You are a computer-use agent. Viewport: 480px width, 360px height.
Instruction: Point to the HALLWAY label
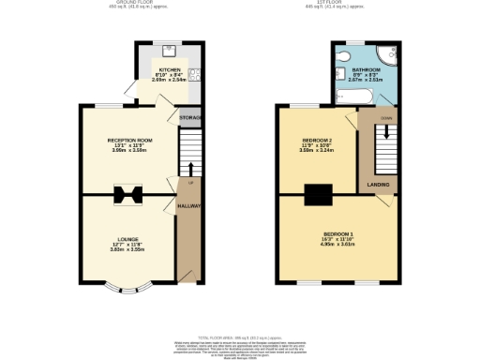(190, 205)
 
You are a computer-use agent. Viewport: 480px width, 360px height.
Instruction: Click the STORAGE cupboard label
(191, 117)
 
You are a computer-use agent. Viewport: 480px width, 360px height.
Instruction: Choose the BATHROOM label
(365, 70)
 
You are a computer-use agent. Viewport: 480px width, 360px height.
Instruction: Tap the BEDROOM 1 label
(338, 232)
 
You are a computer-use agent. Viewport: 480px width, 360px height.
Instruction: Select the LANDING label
(379, 185)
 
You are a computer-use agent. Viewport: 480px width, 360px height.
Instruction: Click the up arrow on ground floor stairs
(191, 169)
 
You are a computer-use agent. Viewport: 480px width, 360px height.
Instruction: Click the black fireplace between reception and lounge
(128, 194)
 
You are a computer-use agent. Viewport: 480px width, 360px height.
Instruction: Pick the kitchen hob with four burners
(192, 75)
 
